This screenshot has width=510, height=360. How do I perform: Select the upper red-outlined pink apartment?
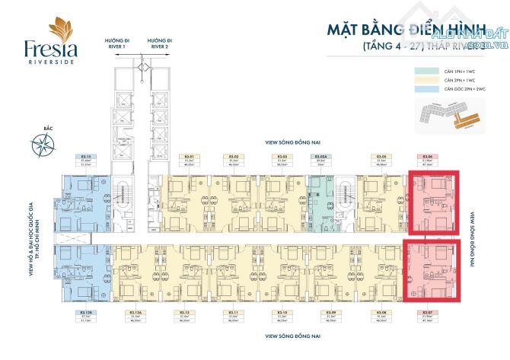tap(435, 202)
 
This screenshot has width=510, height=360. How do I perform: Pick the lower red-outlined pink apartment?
tap(432, 271)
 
